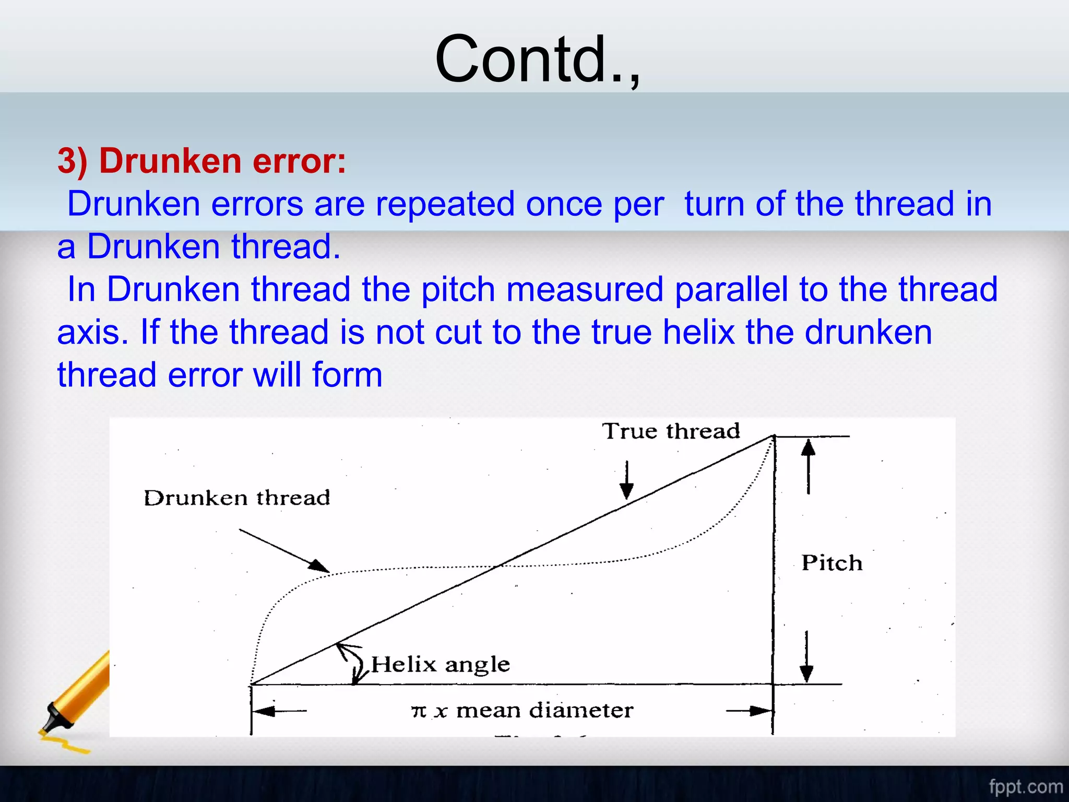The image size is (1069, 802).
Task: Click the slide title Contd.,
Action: pos(538,58)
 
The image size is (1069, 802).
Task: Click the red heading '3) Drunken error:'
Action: pos(201,160)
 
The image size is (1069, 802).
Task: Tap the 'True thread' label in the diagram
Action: pos(671,431)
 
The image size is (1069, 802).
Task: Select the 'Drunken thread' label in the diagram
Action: pos(236,498)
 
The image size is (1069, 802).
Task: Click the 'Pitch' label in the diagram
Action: pos(832,563)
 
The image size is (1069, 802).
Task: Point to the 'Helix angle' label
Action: pos(440,664)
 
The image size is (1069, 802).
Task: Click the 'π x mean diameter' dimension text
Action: pos(522,710)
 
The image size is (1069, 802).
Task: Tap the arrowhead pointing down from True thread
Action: pos(626,491)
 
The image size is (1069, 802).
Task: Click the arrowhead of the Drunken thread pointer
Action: pos(319,566)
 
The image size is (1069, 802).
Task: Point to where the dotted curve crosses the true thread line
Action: pos(500,565)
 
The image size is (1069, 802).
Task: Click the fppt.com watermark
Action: pos(1026,786)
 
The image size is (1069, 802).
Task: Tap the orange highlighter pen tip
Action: pos(52,723)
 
